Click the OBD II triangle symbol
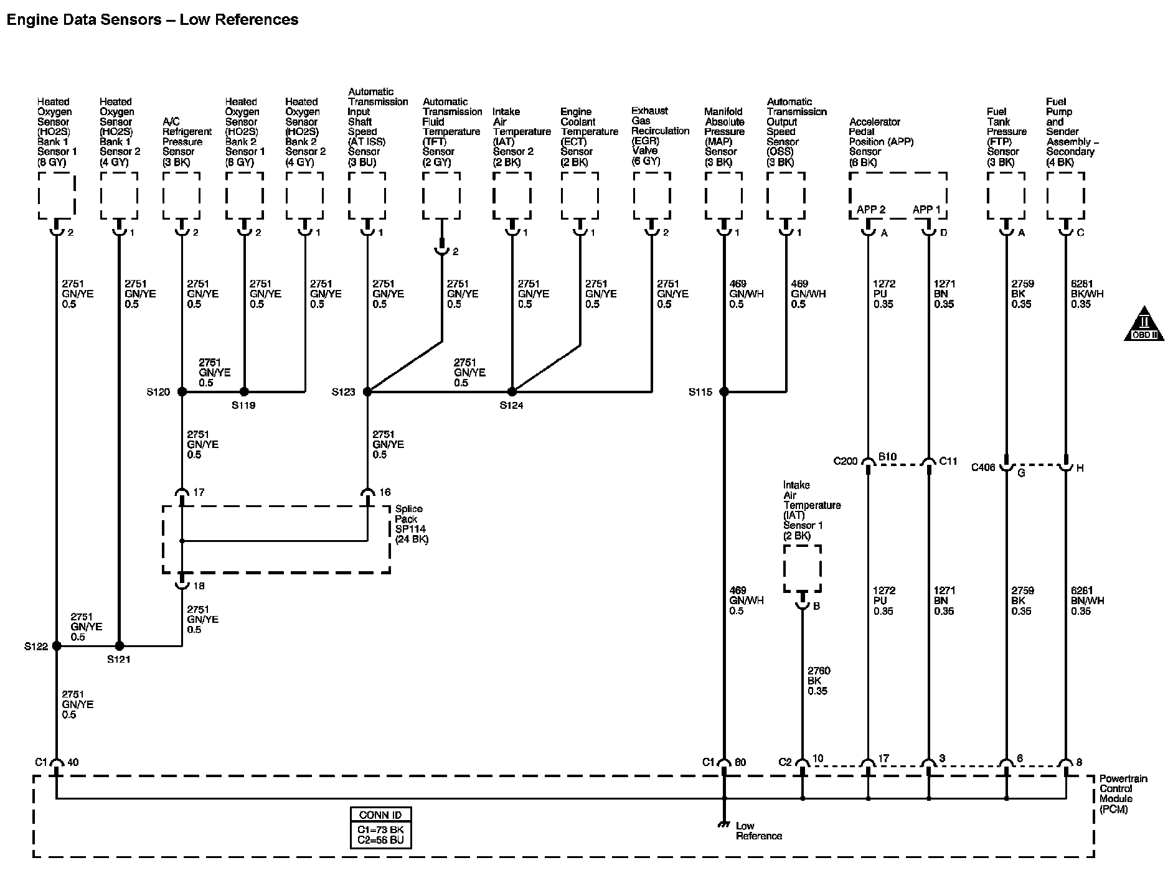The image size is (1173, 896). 1144,324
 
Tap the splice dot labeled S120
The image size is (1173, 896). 182,392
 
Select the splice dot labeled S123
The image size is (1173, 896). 367,392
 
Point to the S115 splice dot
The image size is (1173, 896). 723,392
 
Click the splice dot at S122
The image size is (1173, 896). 57,646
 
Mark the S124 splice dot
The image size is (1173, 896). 512,392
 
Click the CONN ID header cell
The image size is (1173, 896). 380,815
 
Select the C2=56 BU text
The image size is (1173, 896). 380,840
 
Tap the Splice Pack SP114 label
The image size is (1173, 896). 412,524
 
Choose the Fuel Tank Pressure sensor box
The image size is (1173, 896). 1006,195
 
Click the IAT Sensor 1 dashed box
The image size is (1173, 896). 802,569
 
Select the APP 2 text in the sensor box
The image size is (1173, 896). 870,210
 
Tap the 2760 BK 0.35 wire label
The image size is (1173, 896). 819,681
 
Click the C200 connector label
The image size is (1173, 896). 846,461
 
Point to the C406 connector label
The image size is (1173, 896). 983,467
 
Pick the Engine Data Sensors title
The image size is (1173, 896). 152,20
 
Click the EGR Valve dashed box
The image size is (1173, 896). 652,195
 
